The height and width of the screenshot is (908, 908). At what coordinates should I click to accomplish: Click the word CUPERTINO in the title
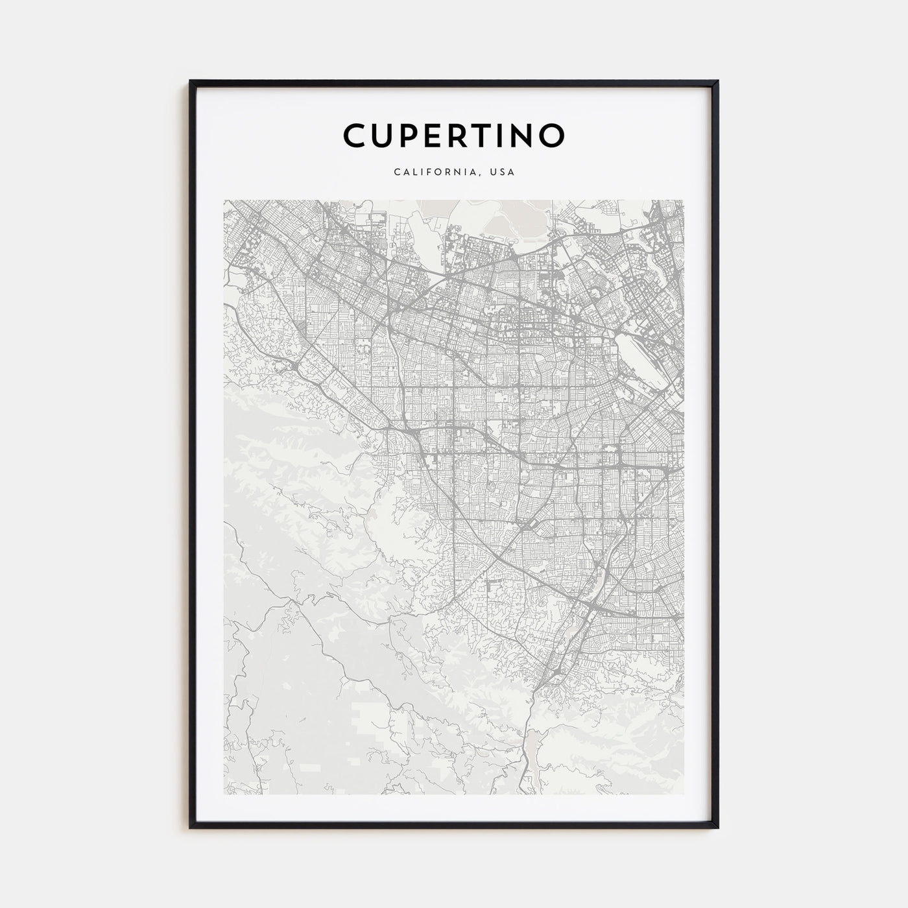454,135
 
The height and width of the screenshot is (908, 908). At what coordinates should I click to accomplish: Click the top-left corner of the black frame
191,82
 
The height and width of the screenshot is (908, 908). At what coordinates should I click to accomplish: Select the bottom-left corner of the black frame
191,828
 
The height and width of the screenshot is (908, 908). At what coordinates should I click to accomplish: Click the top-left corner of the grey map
224,200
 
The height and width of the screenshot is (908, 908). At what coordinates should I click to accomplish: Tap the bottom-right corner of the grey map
683,794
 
